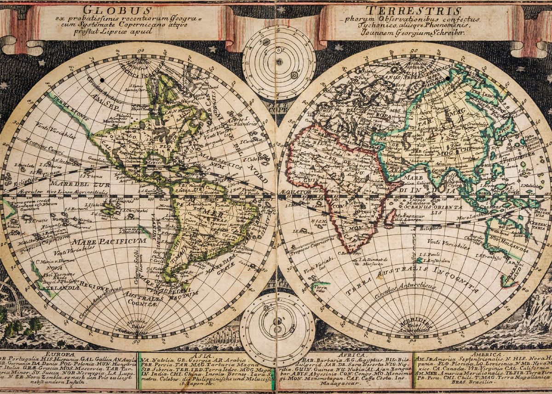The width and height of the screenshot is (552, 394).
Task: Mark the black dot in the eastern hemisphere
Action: pyautogui.click(x=448, y=79)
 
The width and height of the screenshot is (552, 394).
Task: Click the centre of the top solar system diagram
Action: pyautogui.click(x=279, y=62)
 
